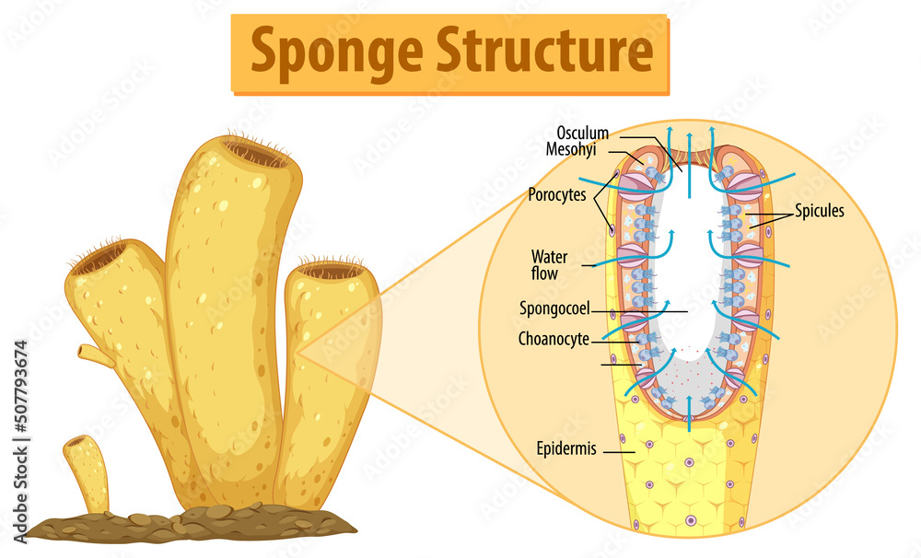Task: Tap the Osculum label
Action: pos(582,134)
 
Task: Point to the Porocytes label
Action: pos(556,194)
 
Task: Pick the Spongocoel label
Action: pos(554,310)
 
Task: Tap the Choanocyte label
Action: pos(554,339)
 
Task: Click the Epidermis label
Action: pos(566,449)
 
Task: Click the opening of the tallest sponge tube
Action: pos(256,154)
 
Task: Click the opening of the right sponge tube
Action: pos(332,271)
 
